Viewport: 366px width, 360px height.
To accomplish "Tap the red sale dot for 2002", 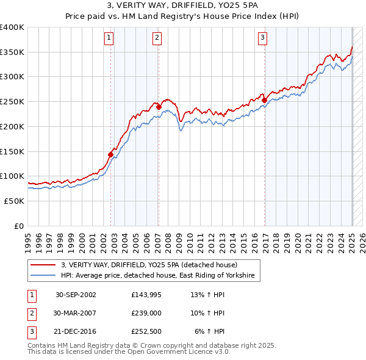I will click(x=111, y=154).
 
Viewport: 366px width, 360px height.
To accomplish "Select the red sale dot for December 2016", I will click(x=265, y=101).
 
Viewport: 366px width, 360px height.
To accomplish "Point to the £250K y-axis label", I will click(x=12, y=102).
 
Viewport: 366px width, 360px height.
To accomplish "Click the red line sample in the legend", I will click(x=43, y=265).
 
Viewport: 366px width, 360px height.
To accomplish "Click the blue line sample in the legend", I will click(x=43, y=276).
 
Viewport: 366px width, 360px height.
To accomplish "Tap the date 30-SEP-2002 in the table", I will click(x=76, y=295).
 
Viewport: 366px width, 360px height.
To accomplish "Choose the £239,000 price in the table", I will click(x=146, y=313).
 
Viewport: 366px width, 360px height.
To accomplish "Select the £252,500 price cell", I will click(x=146, y=331).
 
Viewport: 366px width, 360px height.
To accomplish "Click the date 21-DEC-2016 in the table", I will click(x=76, y=331).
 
